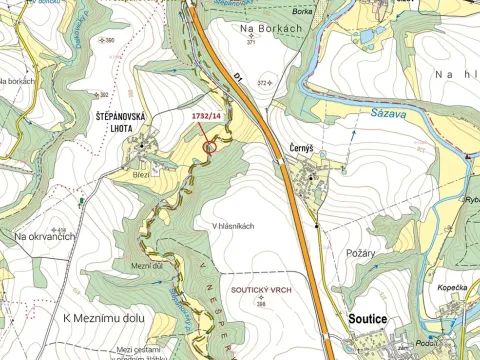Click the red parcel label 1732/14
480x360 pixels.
206,116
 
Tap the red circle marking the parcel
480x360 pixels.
210,147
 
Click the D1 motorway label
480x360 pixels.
239,77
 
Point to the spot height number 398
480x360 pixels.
261,303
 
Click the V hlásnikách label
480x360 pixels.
234,226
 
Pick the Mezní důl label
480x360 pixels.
147,265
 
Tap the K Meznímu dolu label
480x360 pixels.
104,318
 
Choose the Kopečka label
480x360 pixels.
451,288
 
